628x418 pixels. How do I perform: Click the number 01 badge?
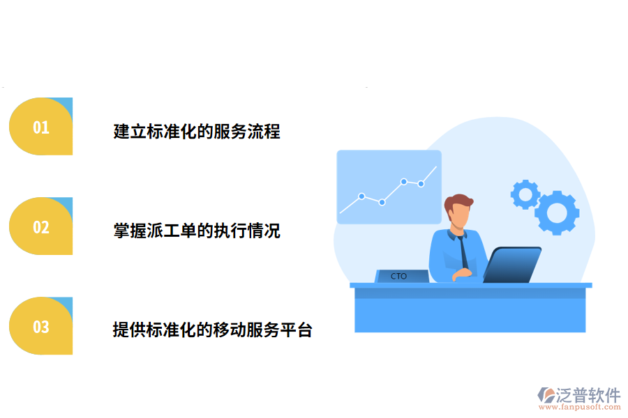point(40,127)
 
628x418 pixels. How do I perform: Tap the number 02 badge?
point(40,226)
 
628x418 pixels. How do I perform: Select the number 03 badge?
point(40,326)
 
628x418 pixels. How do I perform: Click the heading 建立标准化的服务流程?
point(197,131)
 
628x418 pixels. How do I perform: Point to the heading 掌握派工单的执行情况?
point(197,231)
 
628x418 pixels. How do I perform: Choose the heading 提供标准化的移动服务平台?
point(213,330)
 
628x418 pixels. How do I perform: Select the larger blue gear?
point(557,212)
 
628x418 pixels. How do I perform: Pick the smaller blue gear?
point(525,194)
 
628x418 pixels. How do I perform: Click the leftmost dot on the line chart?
point(361,196)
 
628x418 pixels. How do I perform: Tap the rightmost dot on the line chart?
point(421,184)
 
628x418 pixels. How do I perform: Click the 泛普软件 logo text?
point(588,396)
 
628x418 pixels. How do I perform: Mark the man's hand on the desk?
point(460,275)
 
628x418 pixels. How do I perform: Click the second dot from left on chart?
point(382,202)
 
